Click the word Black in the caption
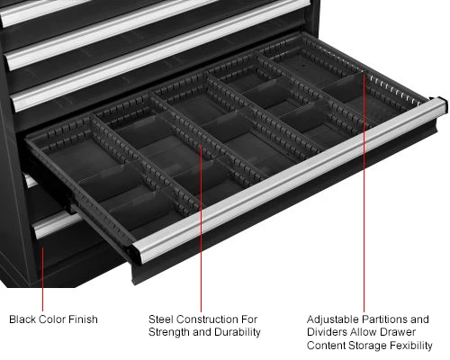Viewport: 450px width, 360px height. [22, 319]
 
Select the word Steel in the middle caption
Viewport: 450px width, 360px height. [161, 319]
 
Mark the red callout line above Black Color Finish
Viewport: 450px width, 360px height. [42, 279]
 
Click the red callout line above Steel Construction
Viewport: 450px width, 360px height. [201, 229]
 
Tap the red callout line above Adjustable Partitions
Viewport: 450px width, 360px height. [364, 193]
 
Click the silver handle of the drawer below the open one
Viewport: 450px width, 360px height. [56, 223]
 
